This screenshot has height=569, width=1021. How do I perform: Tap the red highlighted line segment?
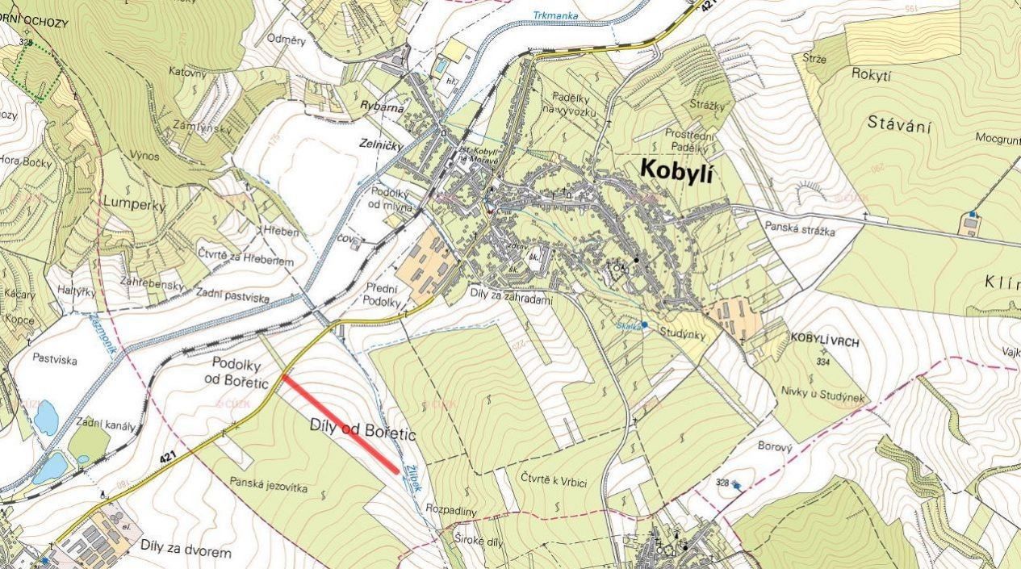[x=341, y=424]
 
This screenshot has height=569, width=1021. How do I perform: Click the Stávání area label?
[x=900, y=124]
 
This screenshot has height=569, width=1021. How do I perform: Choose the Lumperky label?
[x=133, y=205]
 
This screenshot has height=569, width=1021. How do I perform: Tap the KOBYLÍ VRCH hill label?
[x=825, y=341]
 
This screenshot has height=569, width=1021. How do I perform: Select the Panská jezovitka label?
[x=269, y=483]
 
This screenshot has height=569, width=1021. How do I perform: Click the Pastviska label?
[x=55, y=359]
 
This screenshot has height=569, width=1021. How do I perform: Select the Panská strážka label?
[x=800, y=230]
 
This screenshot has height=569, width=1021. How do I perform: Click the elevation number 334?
[x=824, y=362]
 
